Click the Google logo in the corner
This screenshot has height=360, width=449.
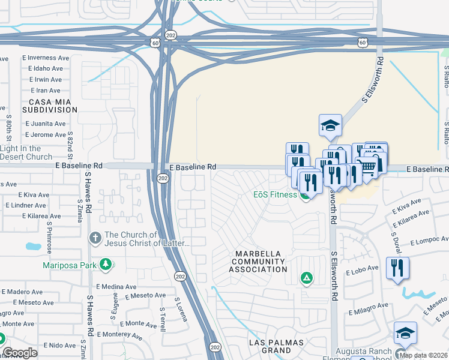pyautogui.click(x=20, y=353)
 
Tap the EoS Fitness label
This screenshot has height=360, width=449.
pyautogui.click(x=275, y=195)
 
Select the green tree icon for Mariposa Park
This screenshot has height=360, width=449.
pyautogui.click(x=106, y=264)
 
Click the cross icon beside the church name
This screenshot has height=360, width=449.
pyautogui.click(x=95, y=238)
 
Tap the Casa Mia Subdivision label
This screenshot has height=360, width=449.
pyautogui.click(x=50, y=106)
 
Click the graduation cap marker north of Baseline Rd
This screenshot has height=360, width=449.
pyautogui.click(x=330, y=125)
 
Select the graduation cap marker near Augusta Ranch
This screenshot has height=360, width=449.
pyautogui.click(x=405, y=334)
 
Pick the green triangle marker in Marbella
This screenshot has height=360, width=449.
pyautogui.click(x=306, y=278)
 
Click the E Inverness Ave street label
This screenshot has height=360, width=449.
pyautogui.click(x=46, y=58)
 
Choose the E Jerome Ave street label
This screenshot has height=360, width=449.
pyautogui.click(x=46, y=134)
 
